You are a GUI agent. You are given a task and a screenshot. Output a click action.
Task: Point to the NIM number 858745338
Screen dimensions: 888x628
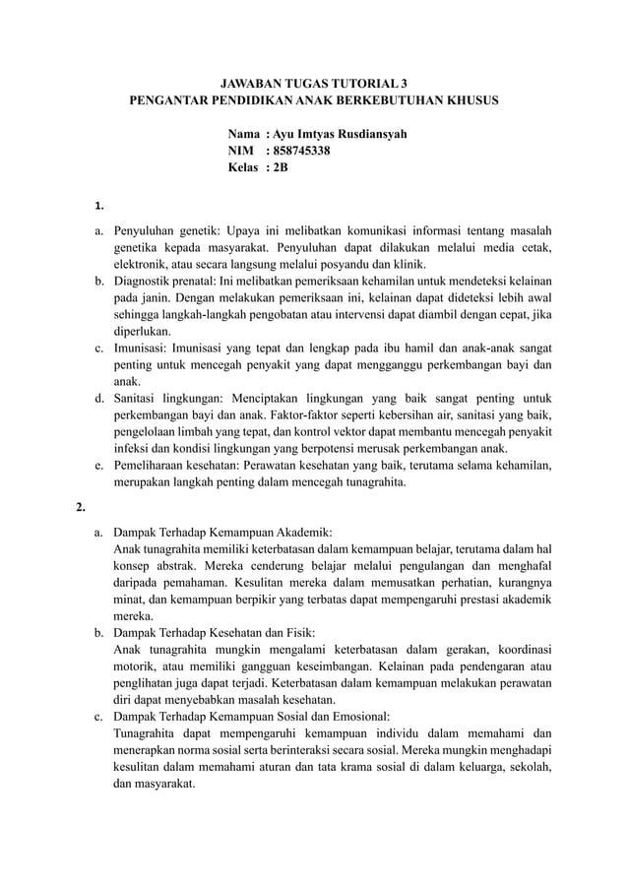click(302, 151)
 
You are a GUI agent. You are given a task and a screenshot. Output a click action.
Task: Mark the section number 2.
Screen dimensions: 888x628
click(81, 507)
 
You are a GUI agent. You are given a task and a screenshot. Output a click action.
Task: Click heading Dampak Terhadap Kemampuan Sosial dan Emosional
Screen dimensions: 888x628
click(251, 716)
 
